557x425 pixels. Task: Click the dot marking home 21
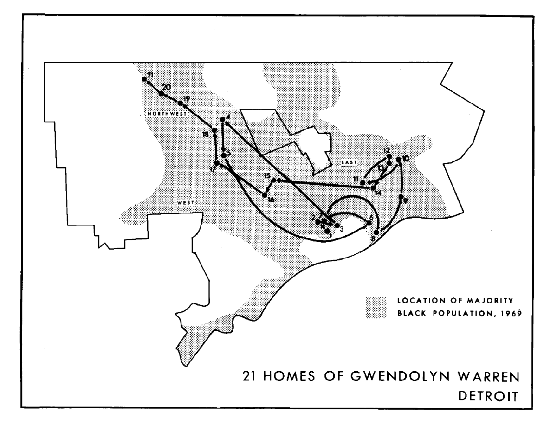(144, 79)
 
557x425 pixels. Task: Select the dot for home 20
(162, 94)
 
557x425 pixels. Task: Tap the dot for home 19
(180, 103)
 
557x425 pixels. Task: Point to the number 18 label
(206, 135)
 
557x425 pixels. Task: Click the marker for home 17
(217, 163)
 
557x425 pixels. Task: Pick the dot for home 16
(265, 195)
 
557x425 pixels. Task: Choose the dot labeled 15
(274, 180)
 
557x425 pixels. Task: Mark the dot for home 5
(223, 155)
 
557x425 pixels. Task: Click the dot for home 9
(401, 198)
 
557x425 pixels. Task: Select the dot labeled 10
(399, 160)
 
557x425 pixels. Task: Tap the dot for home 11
(363, 182)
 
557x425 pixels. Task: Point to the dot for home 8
(376, 232)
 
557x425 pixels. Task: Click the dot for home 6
(369, 223)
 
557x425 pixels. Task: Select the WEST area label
(186, 203)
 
